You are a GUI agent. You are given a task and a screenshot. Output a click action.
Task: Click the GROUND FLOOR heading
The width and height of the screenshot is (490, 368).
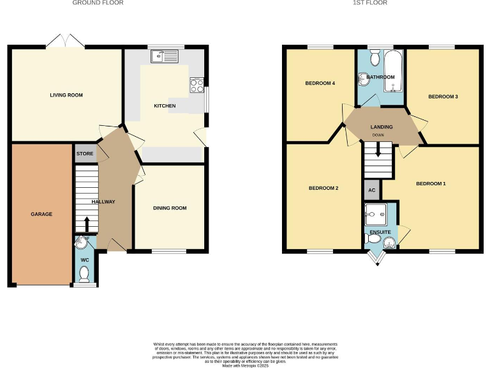click(98, 3)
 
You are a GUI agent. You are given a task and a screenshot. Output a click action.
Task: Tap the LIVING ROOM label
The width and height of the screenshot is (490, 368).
click(66, 95)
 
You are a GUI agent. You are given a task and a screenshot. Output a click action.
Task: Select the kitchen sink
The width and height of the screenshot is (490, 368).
click(165, 57)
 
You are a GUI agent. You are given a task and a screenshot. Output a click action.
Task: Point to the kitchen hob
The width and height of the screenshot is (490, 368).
click(196, 84)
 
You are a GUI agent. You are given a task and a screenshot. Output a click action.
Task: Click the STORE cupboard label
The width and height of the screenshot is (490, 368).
click(85, 154)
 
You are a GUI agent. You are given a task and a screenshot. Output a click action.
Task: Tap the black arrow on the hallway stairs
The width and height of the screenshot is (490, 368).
click(87, 224)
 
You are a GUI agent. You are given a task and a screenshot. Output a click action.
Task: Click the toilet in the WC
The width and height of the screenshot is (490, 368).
click(84, 273)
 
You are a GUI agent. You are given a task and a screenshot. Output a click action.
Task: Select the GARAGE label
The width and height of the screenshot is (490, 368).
click(41, 214)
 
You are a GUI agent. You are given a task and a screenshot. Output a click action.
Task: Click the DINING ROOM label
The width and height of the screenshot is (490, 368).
click(170, 208)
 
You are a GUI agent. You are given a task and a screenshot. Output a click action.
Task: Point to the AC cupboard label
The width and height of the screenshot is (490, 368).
click(371, 190)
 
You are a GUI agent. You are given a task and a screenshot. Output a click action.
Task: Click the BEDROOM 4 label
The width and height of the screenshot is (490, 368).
click(320, 84)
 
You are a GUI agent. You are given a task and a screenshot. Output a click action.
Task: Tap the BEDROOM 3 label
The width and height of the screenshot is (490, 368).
click(443, 96)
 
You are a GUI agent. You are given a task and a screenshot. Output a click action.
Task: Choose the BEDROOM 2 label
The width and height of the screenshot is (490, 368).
click(323, 188)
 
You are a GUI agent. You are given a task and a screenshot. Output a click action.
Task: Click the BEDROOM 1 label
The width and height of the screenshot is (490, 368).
click(431, 184)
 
